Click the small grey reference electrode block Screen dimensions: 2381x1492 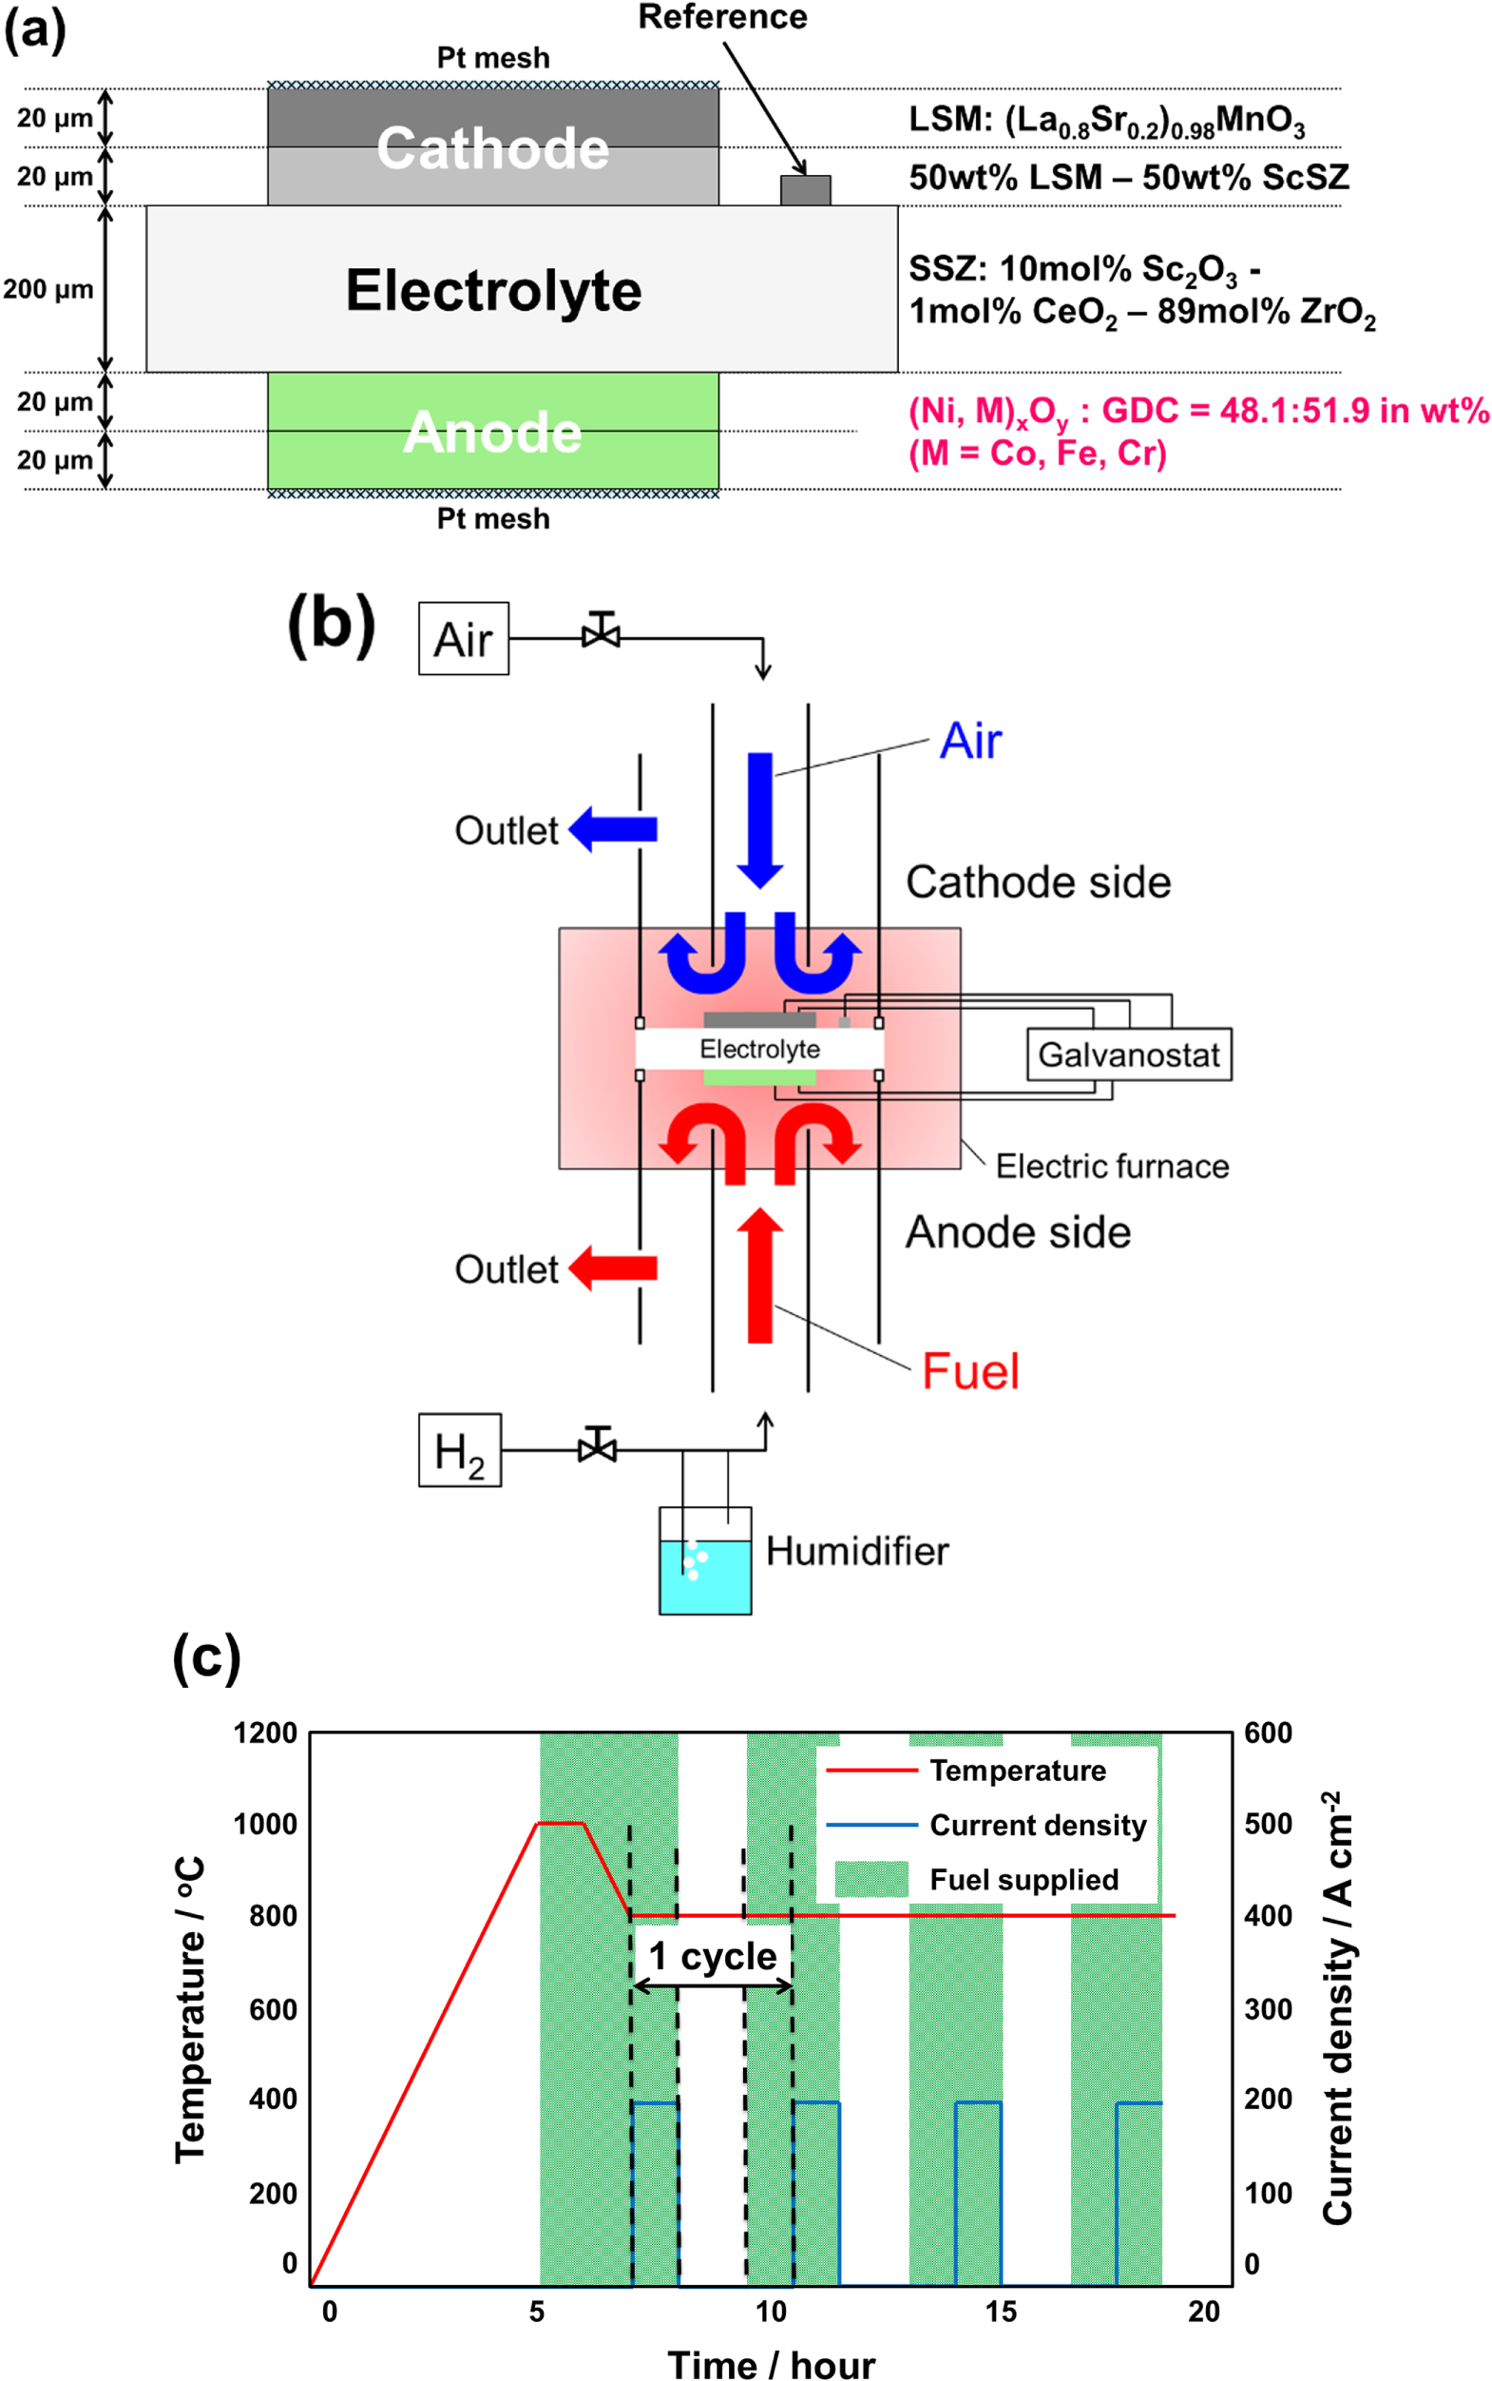click(x=805, y=189)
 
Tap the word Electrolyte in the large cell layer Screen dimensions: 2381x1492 click(x=493, y=290)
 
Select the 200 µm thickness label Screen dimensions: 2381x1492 click(x=48, y=289)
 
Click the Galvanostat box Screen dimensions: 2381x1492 click(x=1129, y=1055)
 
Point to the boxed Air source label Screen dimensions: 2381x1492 click(x=463, y=639)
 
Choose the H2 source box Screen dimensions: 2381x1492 click(x=459, y=1450)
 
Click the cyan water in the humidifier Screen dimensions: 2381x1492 click(x=704, y=1580)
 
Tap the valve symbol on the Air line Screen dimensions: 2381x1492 click(x=601, y=632)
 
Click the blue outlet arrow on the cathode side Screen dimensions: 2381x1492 click(x=614, y=829)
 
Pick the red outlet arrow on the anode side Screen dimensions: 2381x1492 click(x=614, y=1268)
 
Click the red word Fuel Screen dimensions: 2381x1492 click(x=970, y=1371)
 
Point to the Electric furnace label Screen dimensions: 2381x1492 click(x=1112, y=1166)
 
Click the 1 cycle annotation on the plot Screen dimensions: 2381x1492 click(x=713, y=1956)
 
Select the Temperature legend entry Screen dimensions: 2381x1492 click(x=1017, y=1771)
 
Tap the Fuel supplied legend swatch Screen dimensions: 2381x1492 click(x=871, y=1880)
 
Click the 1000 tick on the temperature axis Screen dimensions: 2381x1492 click(x=264, y=1824)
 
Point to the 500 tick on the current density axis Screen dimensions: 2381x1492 click(x=1268, y=1824)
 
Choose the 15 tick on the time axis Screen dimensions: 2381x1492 click(x=1001, y=2311)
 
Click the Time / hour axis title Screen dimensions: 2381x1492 click(x=771, y=2365)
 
